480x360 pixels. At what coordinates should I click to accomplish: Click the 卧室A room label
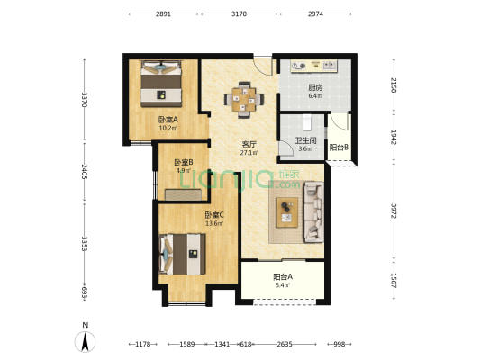pyautogui.click(x=168, y=120)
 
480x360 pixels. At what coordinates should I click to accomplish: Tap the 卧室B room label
pyautogui.click(x=184, y=162)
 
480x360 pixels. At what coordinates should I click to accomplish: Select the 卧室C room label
pyautogui.click(x=214, y=215)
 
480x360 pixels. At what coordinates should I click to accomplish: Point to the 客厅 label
pyautogui.click(x=249, y=144)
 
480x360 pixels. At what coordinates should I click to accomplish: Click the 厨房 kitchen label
pyautogui.click(x=315, y=88)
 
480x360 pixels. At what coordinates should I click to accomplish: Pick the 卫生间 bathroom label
pyautogui.click(x=305, y=141)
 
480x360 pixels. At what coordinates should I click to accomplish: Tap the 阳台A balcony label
pyautogui.click(x=283, y=277)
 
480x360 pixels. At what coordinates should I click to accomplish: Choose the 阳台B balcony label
pyautogui.click(x=339, y=148)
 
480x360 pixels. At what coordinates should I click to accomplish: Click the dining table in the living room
pyautogui.click(x=244, y=99)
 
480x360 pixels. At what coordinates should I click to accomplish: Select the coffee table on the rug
pyautogui.click(x=287, y=212)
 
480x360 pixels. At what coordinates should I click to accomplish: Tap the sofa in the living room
pyautogui.click(x=313, y=212)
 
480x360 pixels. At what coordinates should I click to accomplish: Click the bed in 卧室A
pyautogui.click(x=161, y=84)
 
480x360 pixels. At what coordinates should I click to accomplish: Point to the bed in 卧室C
pyautogui.click(x=183, y=254)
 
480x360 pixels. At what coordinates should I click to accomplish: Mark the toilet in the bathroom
pyautogui.click(x=307, y=122)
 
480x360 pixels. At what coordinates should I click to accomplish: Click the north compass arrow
pyautogui.click(x=85, y=341)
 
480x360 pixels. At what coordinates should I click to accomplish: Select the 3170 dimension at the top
pyautogui.click(x=239, y=14)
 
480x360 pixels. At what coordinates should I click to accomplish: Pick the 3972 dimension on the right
pyautogui.click(x=394, y=211)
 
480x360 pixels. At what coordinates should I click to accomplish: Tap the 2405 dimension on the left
pyautogui.click(x=85, y=172)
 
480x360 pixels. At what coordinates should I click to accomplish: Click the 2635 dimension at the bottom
pyautogui.click(x=285, y=344)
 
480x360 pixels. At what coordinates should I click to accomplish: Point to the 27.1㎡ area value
pyautogui.click(x=249, y=153)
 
